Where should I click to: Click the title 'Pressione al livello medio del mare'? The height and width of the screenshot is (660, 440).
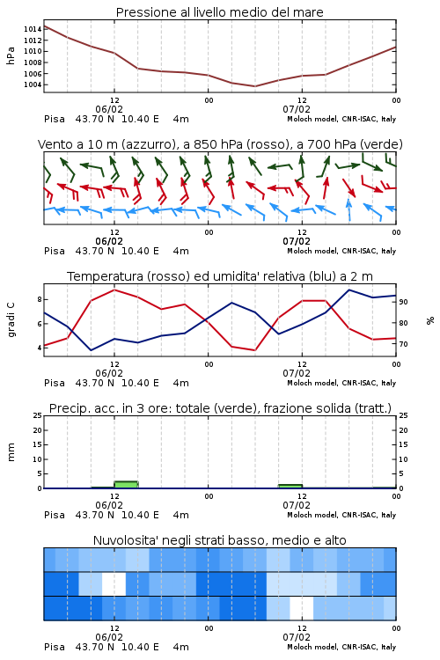pyautogui.click(x=219, y=12)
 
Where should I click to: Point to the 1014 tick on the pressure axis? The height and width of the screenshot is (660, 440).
pyautogui.click(x=33, y=29)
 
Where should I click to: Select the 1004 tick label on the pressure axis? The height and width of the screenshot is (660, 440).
pyautogui.click(x=33, y=84)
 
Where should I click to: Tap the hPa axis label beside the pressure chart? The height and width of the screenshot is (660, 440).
pyautogui.click(x=11, y=55)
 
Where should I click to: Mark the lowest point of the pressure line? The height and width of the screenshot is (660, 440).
pyautogui.click(x=254, y=86)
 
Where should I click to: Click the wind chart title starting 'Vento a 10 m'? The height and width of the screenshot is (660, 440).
pyautogui.click(x=220, y=144)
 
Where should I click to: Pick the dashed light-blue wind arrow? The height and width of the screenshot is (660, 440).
pyautogui.click(x=348, y=209)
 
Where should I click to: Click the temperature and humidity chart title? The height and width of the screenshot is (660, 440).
pyautogui.click(x=220, y=276)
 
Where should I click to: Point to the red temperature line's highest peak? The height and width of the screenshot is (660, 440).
pyautogui.click(x=114, y=290)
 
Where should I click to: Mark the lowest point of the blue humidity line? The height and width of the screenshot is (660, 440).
pyautogui.click(x=91, y=350)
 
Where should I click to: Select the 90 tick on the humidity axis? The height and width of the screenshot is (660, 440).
pyautogui.click(x=403, y=302)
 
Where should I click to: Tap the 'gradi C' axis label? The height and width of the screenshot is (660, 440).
pyautogui.click(x=11, y=320)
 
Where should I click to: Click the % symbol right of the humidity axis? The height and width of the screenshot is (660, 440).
pyautogui.click(x=430, y=320)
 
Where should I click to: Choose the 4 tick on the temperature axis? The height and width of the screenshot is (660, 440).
pyautogui.click(x=40, y=348)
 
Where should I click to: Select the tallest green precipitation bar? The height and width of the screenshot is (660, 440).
pyautogui.click(x=126, y=485)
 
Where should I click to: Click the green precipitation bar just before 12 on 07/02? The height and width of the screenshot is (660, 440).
pyautogui.click(x=290, y=486)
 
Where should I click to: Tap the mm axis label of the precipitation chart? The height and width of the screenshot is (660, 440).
pyautogui.click(x=11, y=452)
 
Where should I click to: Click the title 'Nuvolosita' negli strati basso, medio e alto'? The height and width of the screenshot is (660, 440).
pyautogui.click(x=219, y=540)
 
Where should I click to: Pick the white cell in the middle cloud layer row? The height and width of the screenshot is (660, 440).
pyautogui.click(x=114, y=583)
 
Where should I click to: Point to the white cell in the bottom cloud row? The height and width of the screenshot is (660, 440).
pyautogui.click(x=302, y=608)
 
